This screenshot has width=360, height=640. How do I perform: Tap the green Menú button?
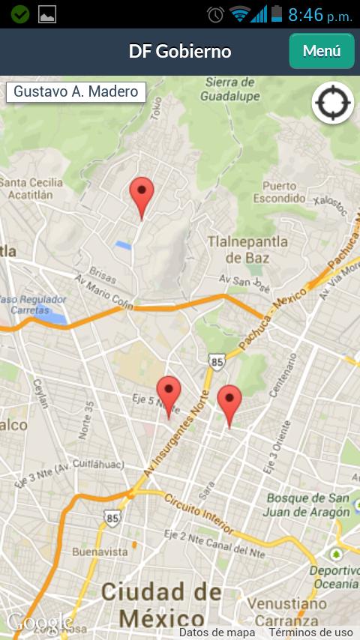tap(322, 51)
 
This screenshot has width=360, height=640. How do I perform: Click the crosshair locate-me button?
tap(332, 103)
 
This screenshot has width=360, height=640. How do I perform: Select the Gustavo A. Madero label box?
tap(76, 92)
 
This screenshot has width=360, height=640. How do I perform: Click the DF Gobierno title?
tap(180, 51)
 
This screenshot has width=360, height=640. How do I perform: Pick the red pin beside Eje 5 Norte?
tap(168, 393)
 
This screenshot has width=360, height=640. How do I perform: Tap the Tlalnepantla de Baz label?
tap(247, 250)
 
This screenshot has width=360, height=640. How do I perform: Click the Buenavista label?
tap(100, 552)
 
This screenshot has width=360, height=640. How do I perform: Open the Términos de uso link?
tap(310, 633)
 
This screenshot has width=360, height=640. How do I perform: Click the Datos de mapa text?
tap(217, 633)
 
